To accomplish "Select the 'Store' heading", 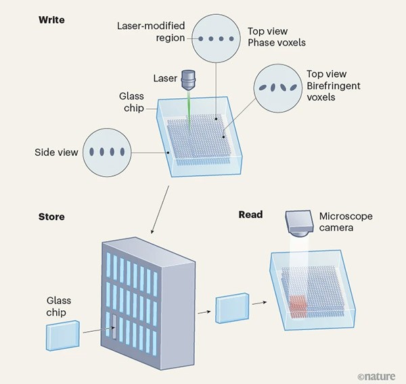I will pyautogui.click(x=52, y=217).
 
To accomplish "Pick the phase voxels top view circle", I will pyautogui.click(x=215, y=39).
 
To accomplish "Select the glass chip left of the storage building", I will pyautogui.click(x=64, y=337).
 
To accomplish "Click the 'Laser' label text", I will pyautogui.click(x=164, y=79).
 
